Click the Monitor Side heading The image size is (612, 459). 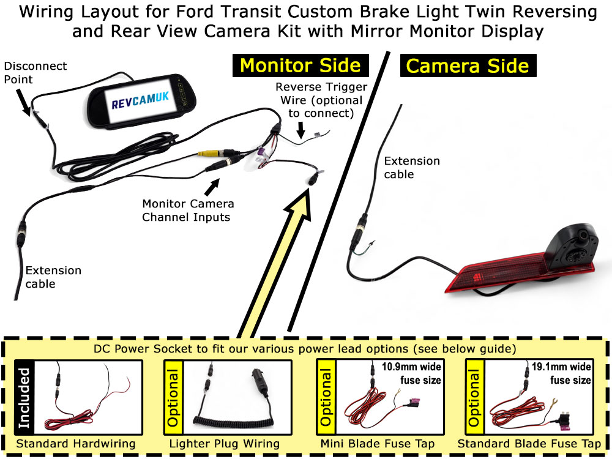tap(300, 65)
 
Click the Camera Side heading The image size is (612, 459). tap(468, 65)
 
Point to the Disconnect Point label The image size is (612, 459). tap(35, 73)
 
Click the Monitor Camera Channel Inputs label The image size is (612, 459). tap(188, 210)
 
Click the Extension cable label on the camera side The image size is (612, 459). tap(411, 168)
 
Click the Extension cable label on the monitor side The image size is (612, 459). tap(53, 277)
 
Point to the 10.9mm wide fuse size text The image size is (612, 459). tap(411, 373)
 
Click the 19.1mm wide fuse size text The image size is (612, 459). tap(561, 373)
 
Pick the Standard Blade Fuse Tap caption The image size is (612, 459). tap(529, 444)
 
